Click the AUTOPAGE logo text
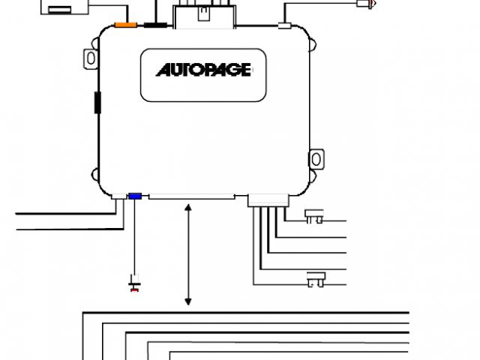pyautogui.click(x=203, y=70)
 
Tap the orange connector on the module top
pyautogui.click(x=125, y=25)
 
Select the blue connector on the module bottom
pyautogui.click(x=135, y=196)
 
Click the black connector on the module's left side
pyautogui.click(x=97, y=102)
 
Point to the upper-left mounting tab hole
pyautogui.click(x=91, y=57)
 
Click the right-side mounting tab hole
pyautogui.click(x=316, y=159)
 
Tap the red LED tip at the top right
pyautogui.click(x=365, y=4)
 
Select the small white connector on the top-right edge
pyautogui.click(x=284, y=26)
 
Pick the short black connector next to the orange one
pyautogui.click(x=155, y=25)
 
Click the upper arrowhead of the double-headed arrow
pyautogui.click(x=188, y=207)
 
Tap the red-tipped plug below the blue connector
pyautogui.click(x=135, y=286)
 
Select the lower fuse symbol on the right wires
pyautogui.click(x=313, y=282)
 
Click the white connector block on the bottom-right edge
pyautogui.click(x=267, y=199)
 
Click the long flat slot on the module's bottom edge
pyautogui.click(x=191, y=198)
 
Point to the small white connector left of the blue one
pyautogui.click(x=119, y=197)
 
